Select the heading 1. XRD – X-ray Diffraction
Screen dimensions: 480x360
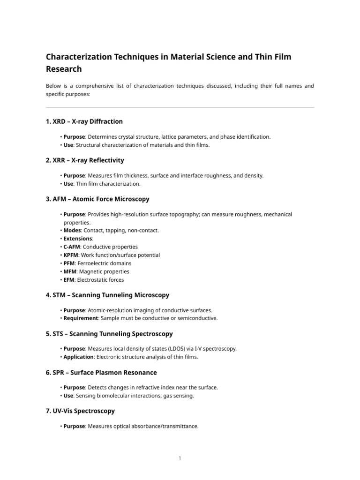pos(84,121)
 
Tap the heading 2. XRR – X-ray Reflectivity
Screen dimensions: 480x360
pos(85,160)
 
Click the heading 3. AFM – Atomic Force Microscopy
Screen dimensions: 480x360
pos(97,199)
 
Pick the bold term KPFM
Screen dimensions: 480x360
pos(71,255)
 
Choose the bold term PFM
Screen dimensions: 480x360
pos(69,263)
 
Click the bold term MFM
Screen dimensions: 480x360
pos(70,271)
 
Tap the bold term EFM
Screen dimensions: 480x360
pos(69,280)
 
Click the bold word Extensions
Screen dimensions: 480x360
pos(78,239)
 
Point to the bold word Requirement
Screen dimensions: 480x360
pos(81,318)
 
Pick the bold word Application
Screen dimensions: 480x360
pos(79,357)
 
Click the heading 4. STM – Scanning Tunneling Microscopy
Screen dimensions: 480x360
pos(107,295)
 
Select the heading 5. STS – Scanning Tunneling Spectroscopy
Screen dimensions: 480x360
pos(109,334)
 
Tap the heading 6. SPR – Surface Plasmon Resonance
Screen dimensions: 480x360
pos(101,372)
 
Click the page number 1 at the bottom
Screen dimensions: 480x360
pos(180,458)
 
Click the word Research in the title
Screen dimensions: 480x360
pos(64,69)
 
